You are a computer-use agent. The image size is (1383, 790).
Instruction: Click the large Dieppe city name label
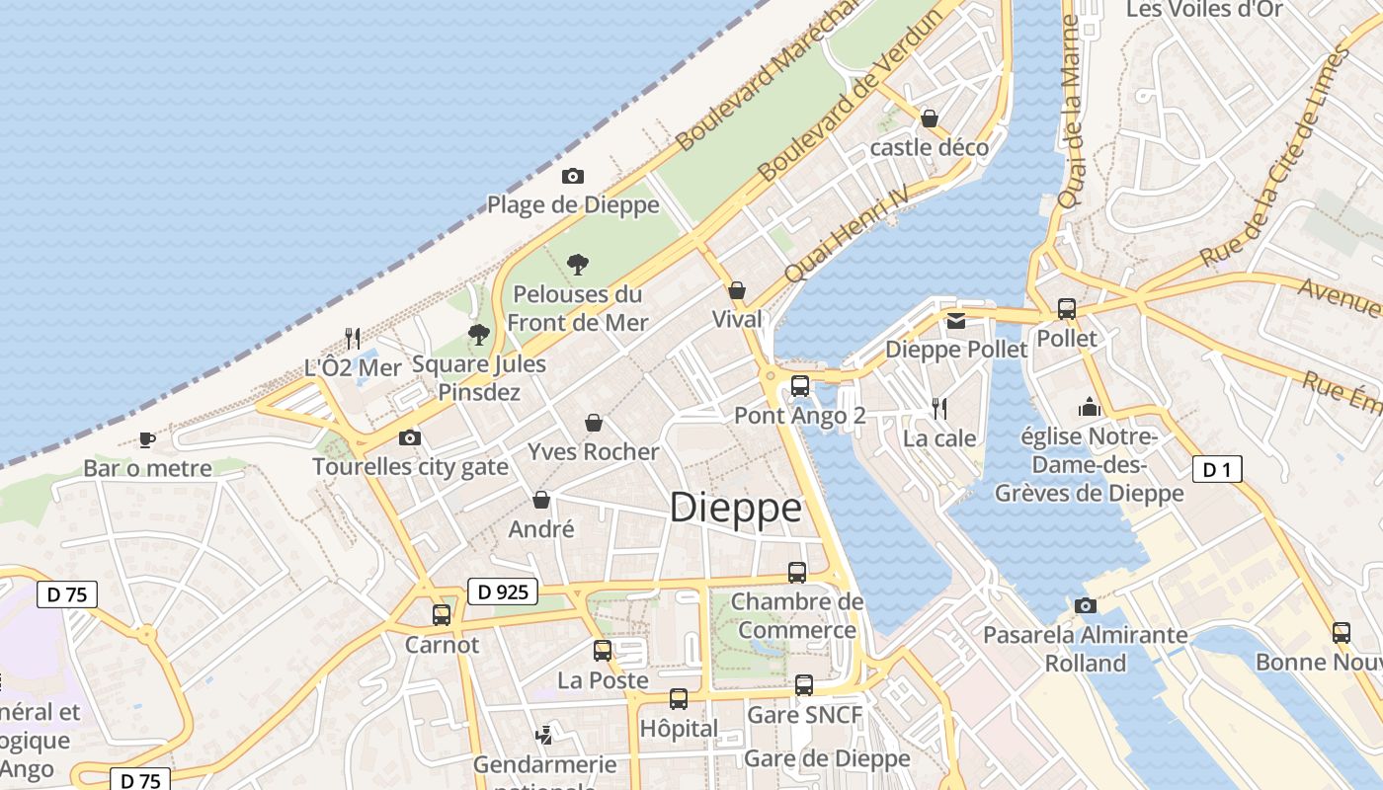tap(736, 508)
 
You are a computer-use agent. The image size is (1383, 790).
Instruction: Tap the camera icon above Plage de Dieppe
tap(572, 177)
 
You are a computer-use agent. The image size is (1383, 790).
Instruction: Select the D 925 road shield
tap(502, 592)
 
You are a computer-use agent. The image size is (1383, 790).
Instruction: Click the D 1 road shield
tap(1216, 470)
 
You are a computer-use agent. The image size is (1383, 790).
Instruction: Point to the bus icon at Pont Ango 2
tap(800, 386)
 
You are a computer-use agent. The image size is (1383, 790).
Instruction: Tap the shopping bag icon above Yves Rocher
tap(594, 423)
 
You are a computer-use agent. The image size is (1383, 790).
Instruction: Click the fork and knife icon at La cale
tap(939, 408)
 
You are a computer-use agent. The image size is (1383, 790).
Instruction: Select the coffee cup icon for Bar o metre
tap(147, 439)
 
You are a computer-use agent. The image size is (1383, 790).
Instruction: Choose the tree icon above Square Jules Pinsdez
tap(479, 335)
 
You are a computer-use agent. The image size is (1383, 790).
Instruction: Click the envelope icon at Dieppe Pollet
tap(955, 321)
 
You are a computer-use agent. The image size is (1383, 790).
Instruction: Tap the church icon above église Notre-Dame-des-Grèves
tap(1089, 407)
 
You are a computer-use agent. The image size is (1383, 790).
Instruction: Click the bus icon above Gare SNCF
tap(804, 684)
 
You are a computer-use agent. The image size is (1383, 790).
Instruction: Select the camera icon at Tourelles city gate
tap(409, 437)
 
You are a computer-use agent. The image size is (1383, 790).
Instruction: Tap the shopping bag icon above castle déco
tap(930, 118)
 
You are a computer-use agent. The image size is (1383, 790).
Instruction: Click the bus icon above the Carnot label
tap(442, 614)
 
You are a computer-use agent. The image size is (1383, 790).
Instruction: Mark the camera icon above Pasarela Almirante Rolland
tap(1086, 605)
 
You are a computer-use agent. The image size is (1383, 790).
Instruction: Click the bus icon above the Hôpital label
tap(678, 699)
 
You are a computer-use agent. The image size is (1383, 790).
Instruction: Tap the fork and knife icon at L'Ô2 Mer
tap(352, 338)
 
